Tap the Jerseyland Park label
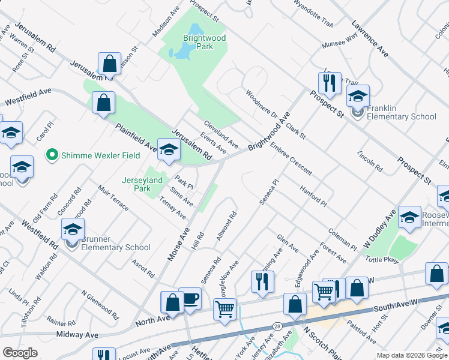[x=142, y=184]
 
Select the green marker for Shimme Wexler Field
[x=52, y=155]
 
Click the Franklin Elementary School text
[x=402, y=112]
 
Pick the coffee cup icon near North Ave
[x=191, y=299]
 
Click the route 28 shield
[x=277, y=326]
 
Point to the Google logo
[x=20, y=353]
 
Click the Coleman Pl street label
[x=343, y=239]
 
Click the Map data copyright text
[x=412, y=355]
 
